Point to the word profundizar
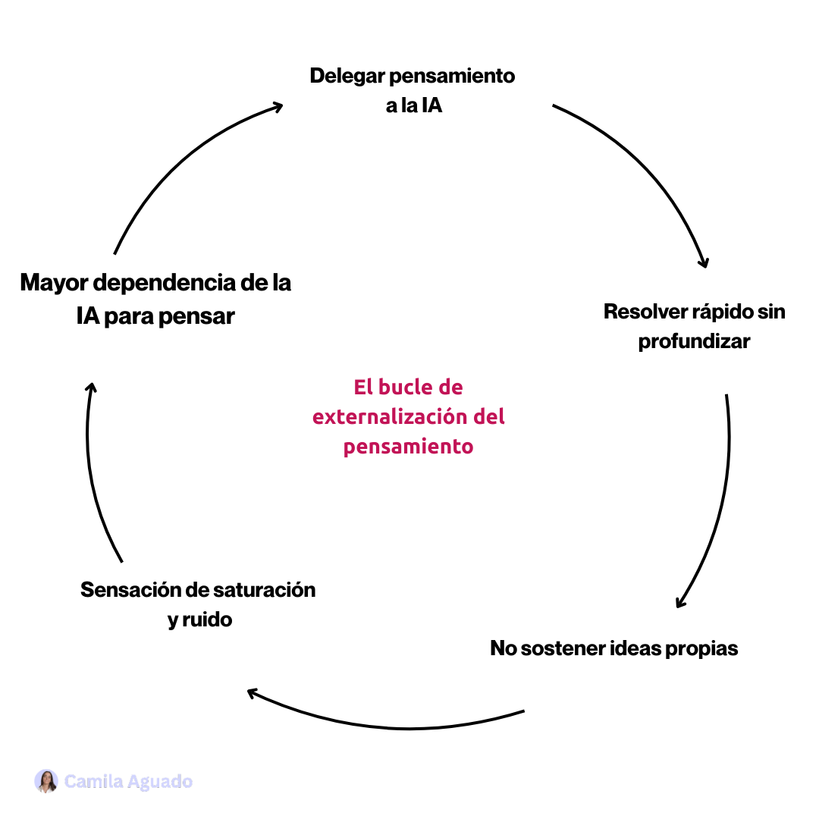(x=694, y=341)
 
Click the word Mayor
(x=56, y=283)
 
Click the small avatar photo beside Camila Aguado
(x=46, y=781)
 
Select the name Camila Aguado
(x=128, y=781)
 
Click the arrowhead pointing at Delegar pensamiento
(x=277, y=107)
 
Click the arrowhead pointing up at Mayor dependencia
(x=90, y=387)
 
